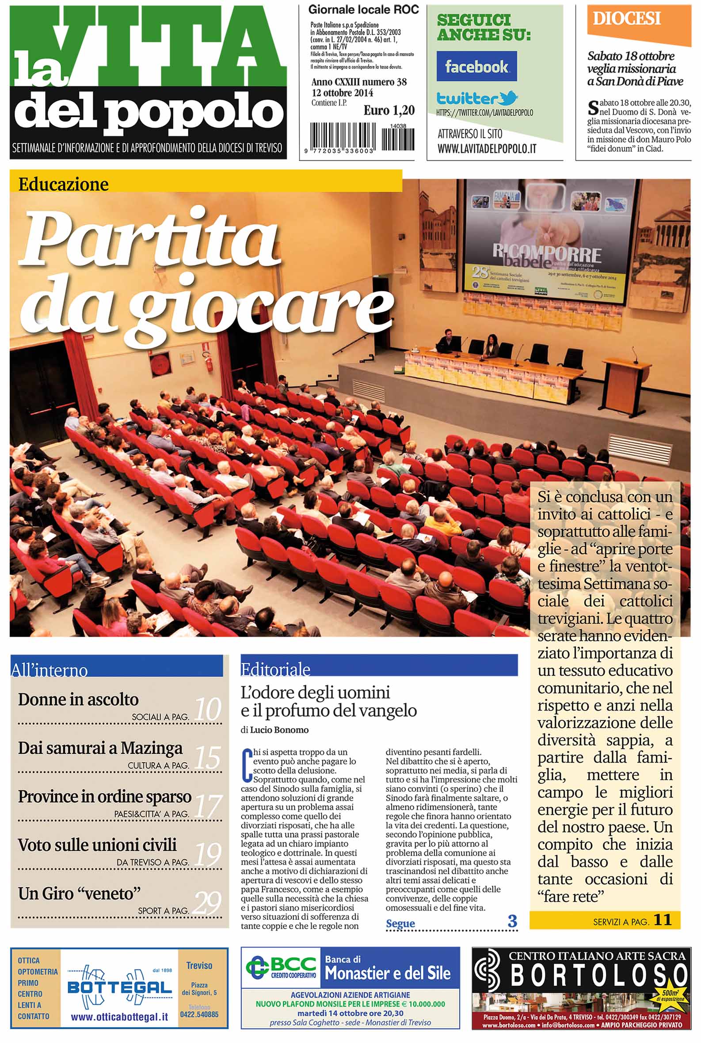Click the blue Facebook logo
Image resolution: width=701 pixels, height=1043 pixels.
point(476,66)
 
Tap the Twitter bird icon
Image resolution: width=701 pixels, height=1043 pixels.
point(509,97)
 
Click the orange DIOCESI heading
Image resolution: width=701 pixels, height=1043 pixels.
point(626,19)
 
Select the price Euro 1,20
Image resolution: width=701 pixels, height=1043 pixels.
point(389,110)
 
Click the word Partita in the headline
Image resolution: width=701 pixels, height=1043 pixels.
point(150,237)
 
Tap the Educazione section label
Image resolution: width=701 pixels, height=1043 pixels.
point(64,184)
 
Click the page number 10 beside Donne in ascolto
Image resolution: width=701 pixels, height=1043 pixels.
point(208,709)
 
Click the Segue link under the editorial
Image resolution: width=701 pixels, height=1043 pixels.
point(400,923)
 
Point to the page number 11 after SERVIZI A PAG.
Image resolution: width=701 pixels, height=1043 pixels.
point(663,920)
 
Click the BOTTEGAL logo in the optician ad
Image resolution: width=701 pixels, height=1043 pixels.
point(119,986)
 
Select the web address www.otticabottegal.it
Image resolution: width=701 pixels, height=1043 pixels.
point(119,1017)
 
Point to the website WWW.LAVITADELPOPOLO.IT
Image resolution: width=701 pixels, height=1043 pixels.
point(487,149)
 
